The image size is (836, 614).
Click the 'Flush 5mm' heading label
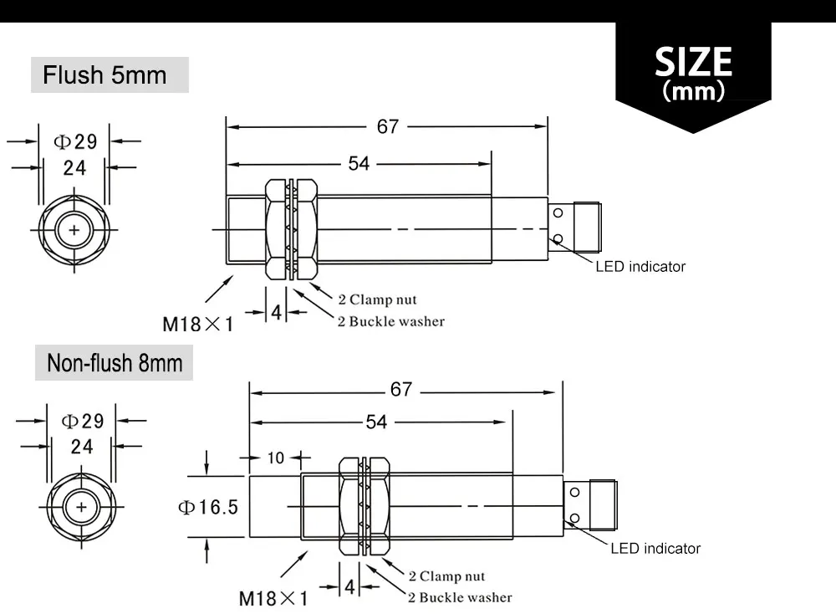coord(104,74)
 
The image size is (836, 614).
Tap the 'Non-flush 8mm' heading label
coord(115,363)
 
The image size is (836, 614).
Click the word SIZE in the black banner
coord(693,61)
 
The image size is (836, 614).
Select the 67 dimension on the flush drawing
coord(388,126)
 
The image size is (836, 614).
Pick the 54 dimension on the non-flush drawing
coord(376,422)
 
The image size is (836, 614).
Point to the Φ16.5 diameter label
coord(208,507)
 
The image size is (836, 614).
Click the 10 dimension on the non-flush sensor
coord(276,458)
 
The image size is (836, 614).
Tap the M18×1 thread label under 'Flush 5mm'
coord(198,324)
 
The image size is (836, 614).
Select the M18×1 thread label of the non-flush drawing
coord(273,599)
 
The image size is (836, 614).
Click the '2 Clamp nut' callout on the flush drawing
coord(378,299)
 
